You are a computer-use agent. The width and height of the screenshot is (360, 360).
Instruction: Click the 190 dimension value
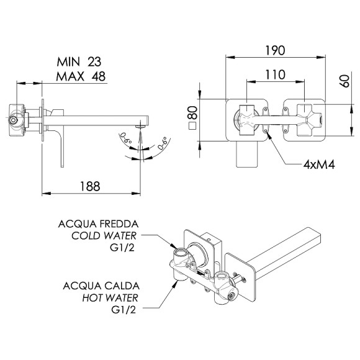pyautogui.click(x=275, y=50)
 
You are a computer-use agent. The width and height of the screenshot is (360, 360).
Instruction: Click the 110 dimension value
pyautogui.click(x=275, y=75)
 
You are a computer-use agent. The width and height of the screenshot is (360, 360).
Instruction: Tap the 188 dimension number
pyautogui.click(x=90, y=186)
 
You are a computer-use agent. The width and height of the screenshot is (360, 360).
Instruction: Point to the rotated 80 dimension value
pyautogui.click(x=193, y=112)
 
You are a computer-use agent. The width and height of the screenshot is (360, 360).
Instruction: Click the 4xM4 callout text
pyautogui.click(x=319, y=164)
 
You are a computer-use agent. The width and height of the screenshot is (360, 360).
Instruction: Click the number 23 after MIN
pyautogui.click(x=94, y=62)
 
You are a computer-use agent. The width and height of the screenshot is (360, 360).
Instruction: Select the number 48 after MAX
pyautogui.click(x=99, y=76)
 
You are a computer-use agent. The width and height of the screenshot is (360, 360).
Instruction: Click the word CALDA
pyautogui.click(x=121, y=286)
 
